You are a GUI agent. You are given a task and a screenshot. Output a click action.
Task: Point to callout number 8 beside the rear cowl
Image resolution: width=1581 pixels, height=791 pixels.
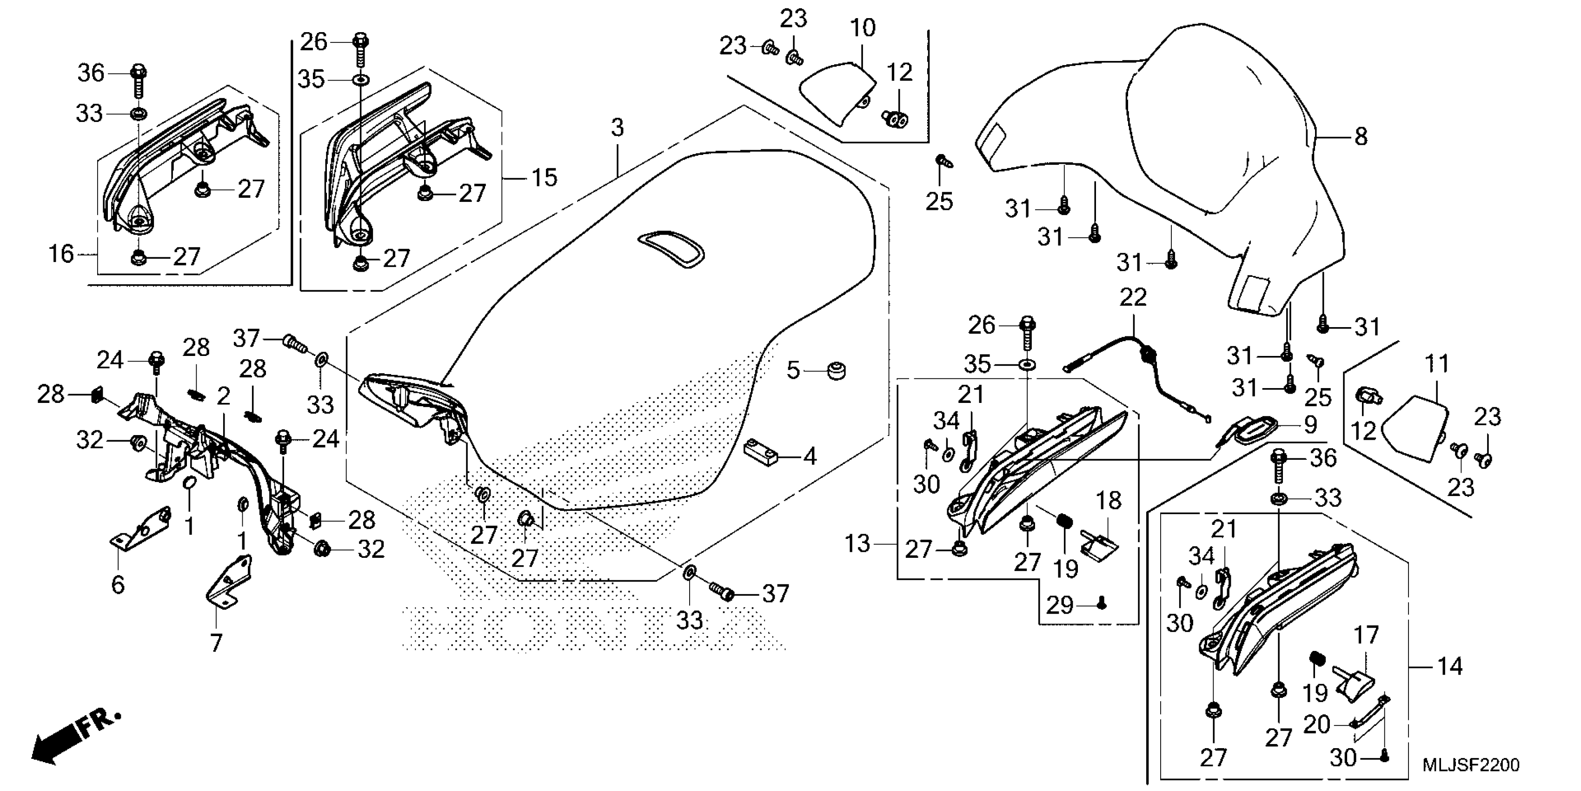point(1361,136)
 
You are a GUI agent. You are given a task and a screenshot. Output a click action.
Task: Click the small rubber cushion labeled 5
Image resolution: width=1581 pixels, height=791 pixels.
point(837,371)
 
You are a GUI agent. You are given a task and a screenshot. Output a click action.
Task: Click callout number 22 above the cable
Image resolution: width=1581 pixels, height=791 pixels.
point(1132,298)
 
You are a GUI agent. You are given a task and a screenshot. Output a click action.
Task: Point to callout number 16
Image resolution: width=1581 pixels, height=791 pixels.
point(61,254)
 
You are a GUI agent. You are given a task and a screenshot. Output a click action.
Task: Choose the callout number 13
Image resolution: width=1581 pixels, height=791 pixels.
point(857,543)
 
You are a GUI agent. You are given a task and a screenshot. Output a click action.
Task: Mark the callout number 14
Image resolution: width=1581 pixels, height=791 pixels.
point(1450,666)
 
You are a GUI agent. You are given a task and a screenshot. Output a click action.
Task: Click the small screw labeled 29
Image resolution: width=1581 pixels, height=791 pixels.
point(1101,605)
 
